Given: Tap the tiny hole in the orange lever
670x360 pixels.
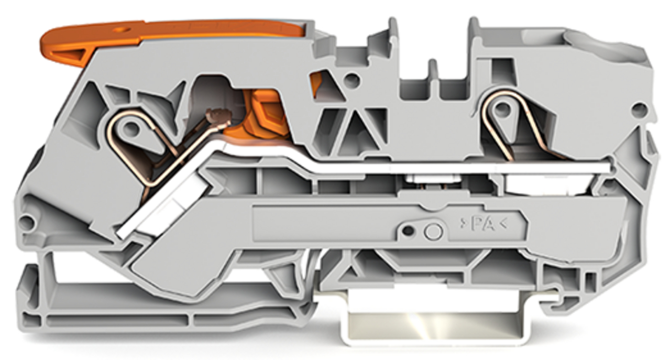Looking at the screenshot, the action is click(121, 30).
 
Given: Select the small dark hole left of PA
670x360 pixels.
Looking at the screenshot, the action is click(408, 231).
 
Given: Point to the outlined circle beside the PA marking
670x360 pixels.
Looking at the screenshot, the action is click(433, 231).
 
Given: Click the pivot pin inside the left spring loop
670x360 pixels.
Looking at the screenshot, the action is click(129, 128).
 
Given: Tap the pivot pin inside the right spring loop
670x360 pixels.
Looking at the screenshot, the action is click(502, 108).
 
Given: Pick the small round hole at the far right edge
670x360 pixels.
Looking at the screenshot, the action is click(640, 109).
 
